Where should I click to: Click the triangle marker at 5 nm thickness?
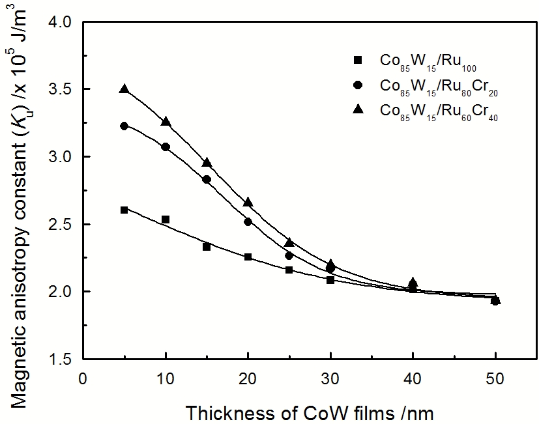124,89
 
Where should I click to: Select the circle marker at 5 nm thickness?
124,126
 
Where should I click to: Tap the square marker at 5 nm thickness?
124,210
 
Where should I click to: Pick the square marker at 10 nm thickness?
166,219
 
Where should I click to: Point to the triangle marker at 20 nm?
248,203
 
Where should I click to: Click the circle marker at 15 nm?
207,179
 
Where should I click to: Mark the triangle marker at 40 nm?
413,282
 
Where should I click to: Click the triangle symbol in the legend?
357,109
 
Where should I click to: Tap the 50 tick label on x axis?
495,378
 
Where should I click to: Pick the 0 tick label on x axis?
82,378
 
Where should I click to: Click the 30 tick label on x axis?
330,378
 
